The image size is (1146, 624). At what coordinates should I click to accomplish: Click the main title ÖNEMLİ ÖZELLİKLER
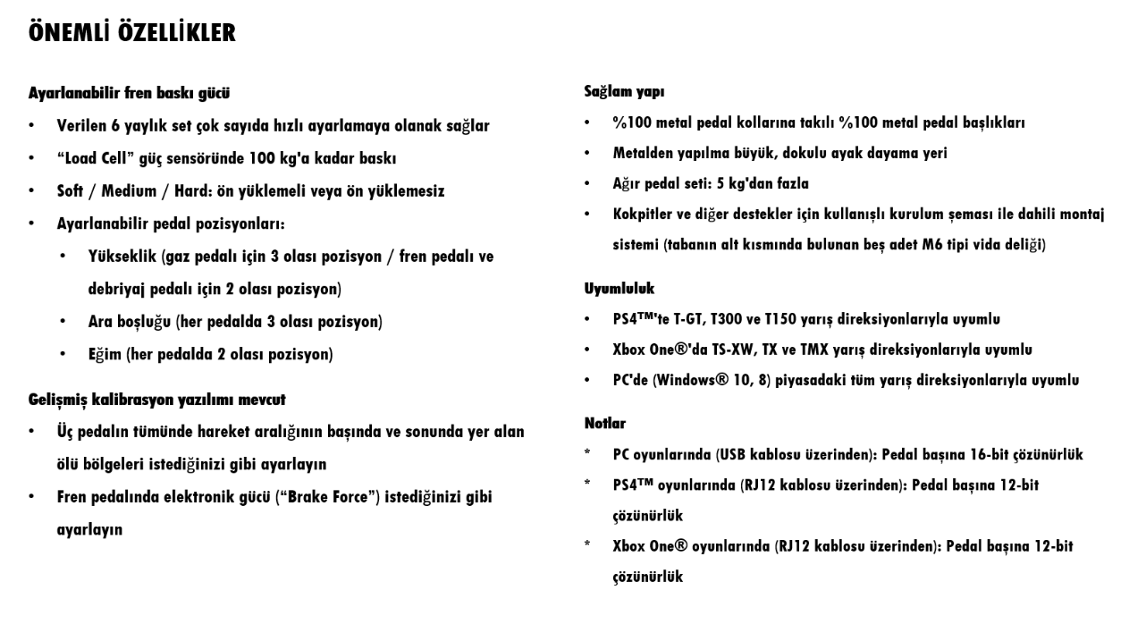[131, 35]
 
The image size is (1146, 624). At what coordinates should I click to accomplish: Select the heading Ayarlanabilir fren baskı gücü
[131, 92]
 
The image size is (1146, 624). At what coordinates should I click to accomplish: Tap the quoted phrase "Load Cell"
[96, 158]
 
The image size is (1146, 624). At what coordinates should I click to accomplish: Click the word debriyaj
[122, 290]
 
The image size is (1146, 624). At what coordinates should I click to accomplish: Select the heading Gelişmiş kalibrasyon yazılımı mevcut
[156, 399]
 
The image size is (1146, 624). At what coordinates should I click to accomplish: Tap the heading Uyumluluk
[619, 289]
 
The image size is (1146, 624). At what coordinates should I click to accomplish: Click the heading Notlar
[605, 423]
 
